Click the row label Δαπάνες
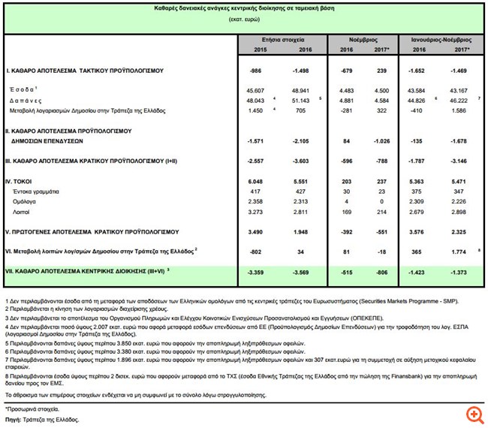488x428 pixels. pos(26,101)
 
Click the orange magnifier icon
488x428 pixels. pos(473,413)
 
